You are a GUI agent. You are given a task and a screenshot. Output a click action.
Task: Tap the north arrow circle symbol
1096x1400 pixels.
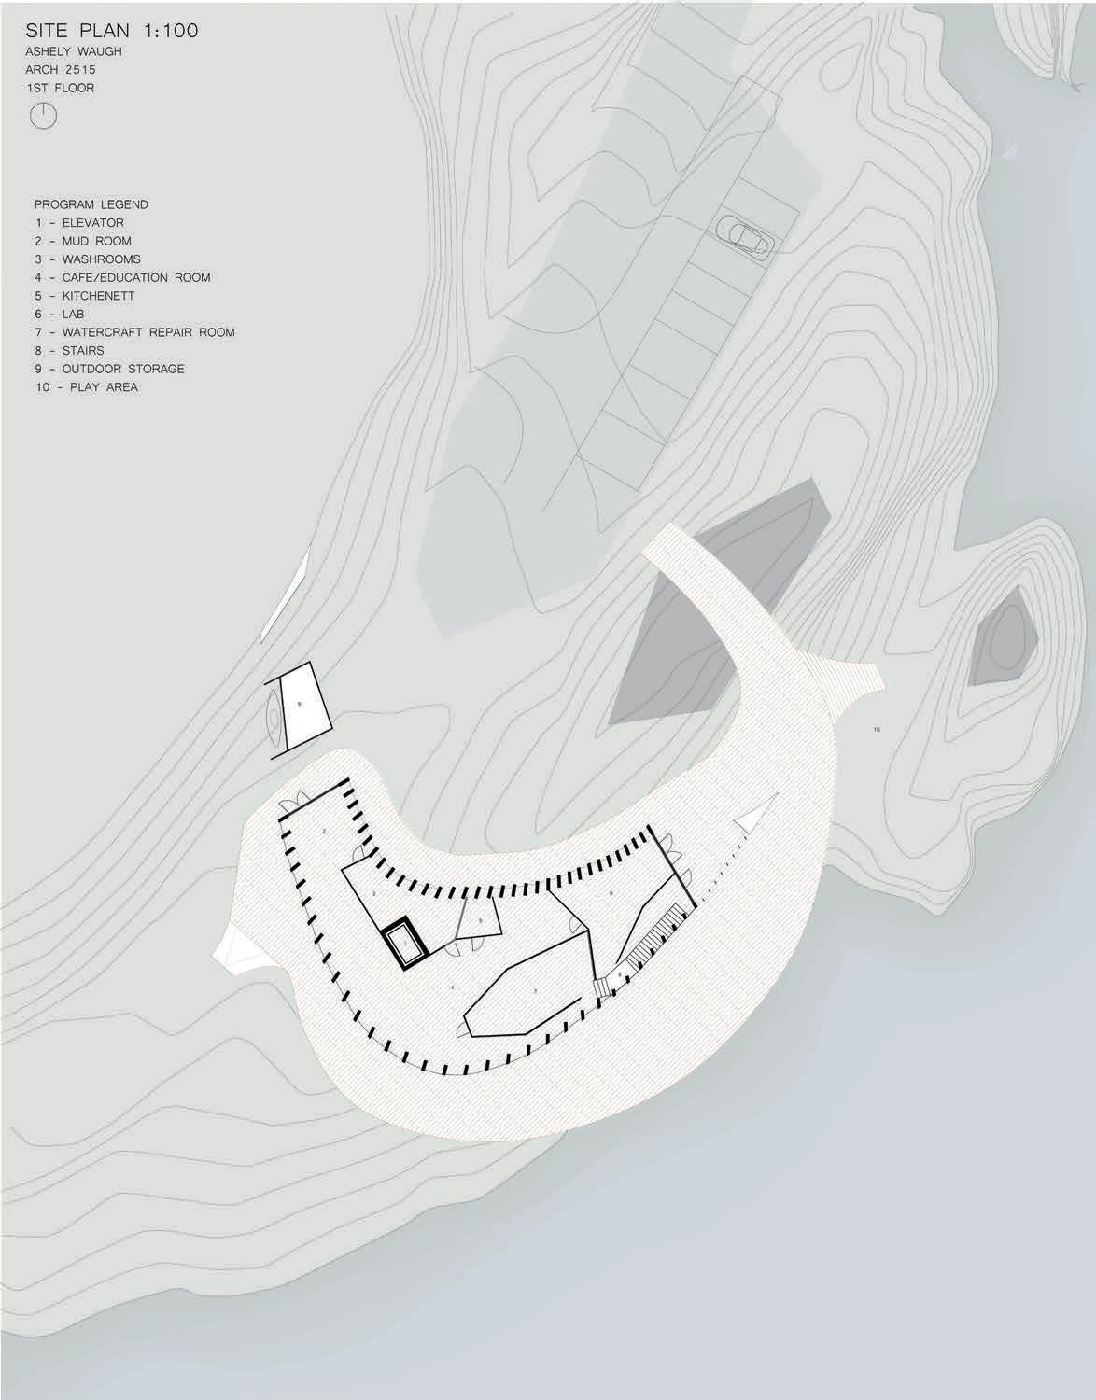coord(44,116)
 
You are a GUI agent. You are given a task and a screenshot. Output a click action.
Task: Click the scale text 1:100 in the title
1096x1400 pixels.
coord(170,31)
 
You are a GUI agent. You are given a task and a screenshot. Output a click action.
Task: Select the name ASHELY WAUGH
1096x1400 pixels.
coord(74,51)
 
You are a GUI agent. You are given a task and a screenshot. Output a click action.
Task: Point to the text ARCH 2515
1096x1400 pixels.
coord(62,69)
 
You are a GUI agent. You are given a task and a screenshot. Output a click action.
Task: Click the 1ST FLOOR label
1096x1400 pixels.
coord(61,88)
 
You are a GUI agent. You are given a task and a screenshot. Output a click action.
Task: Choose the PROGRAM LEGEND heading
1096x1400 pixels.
coord(91,204)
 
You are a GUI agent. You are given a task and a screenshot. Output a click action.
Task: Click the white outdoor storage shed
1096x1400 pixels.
coord(300,706)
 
